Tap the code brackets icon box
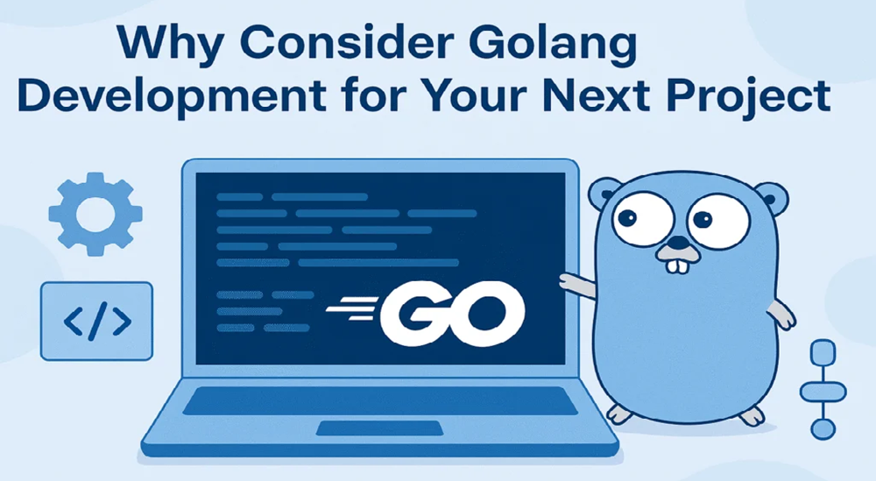coord(97,321)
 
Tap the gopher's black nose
coord(675,244)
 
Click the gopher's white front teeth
coord(675,262)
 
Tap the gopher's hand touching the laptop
coord(570,282)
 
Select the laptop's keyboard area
coord(378,400)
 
